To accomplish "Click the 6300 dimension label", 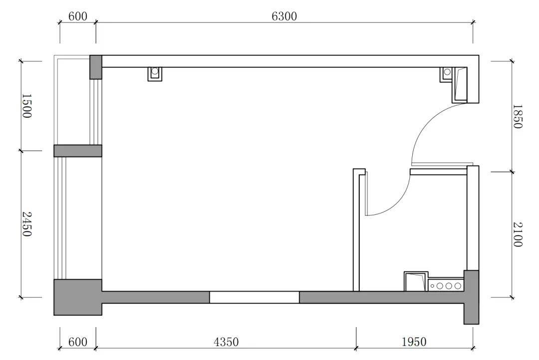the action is pos(284,16).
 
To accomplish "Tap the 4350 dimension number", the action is pos(226,342).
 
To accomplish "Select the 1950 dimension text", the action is pos(414,342).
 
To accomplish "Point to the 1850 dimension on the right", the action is pos(518,117).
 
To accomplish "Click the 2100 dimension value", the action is pos(518,234).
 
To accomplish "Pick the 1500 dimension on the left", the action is pos(26,106).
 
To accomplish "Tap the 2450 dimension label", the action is pos(26,224).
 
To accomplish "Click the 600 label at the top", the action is pos(78,16).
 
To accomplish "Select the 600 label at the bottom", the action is pos(78,342).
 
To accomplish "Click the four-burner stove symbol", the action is pos(446,285).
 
